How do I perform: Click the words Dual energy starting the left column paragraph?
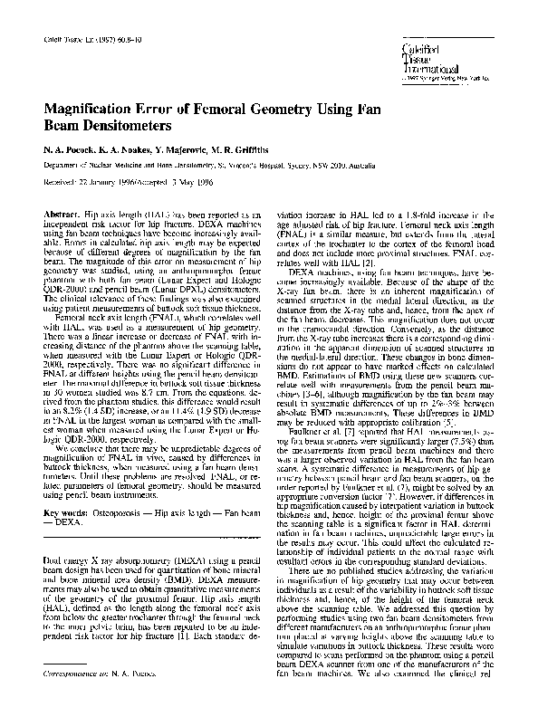[62, 536]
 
